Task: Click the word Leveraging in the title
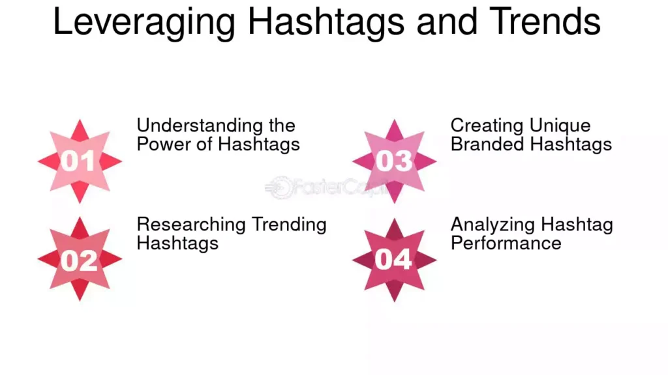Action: [144, 22]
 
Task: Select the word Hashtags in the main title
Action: [326, 22]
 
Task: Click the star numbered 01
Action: [80, 161]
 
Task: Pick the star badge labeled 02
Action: [80, 259]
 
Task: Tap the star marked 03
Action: [394, 161]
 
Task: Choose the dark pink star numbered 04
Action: [394, 260]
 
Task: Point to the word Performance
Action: [506, 243]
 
